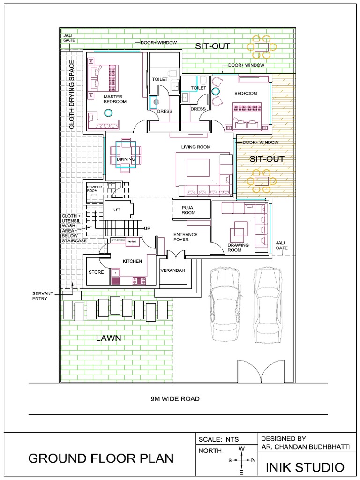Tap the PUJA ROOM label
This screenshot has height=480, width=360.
[x=188, y=210]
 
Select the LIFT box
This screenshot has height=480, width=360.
[x=117, y=210]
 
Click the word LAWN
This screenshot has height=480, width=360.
[x=109, y=338]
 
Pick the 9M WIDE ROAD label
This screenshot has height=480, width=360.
[x=175, y=399]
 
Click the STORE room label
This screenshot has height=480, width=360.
[x=96, y=272]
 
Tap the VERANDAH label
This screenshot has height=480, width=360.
[x=172, y=271]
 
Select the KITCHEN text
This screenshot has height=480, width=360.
[x=132, y=261]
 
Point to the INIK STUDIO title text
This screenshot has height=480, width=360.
[x=305, y=467]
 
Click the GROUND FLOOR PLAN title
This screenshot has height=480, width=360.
[x=101, y=458]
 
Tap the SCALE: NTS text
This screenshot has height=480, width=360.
[x=219, y=439]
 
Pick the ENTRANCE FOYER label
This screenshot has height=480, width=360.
[x=185, y=237]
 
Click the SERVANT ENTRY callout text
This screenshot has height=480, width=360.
[x=40, y=295]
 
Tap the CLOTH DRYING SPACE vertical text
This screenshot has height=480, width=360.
[x=72, y=94]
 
